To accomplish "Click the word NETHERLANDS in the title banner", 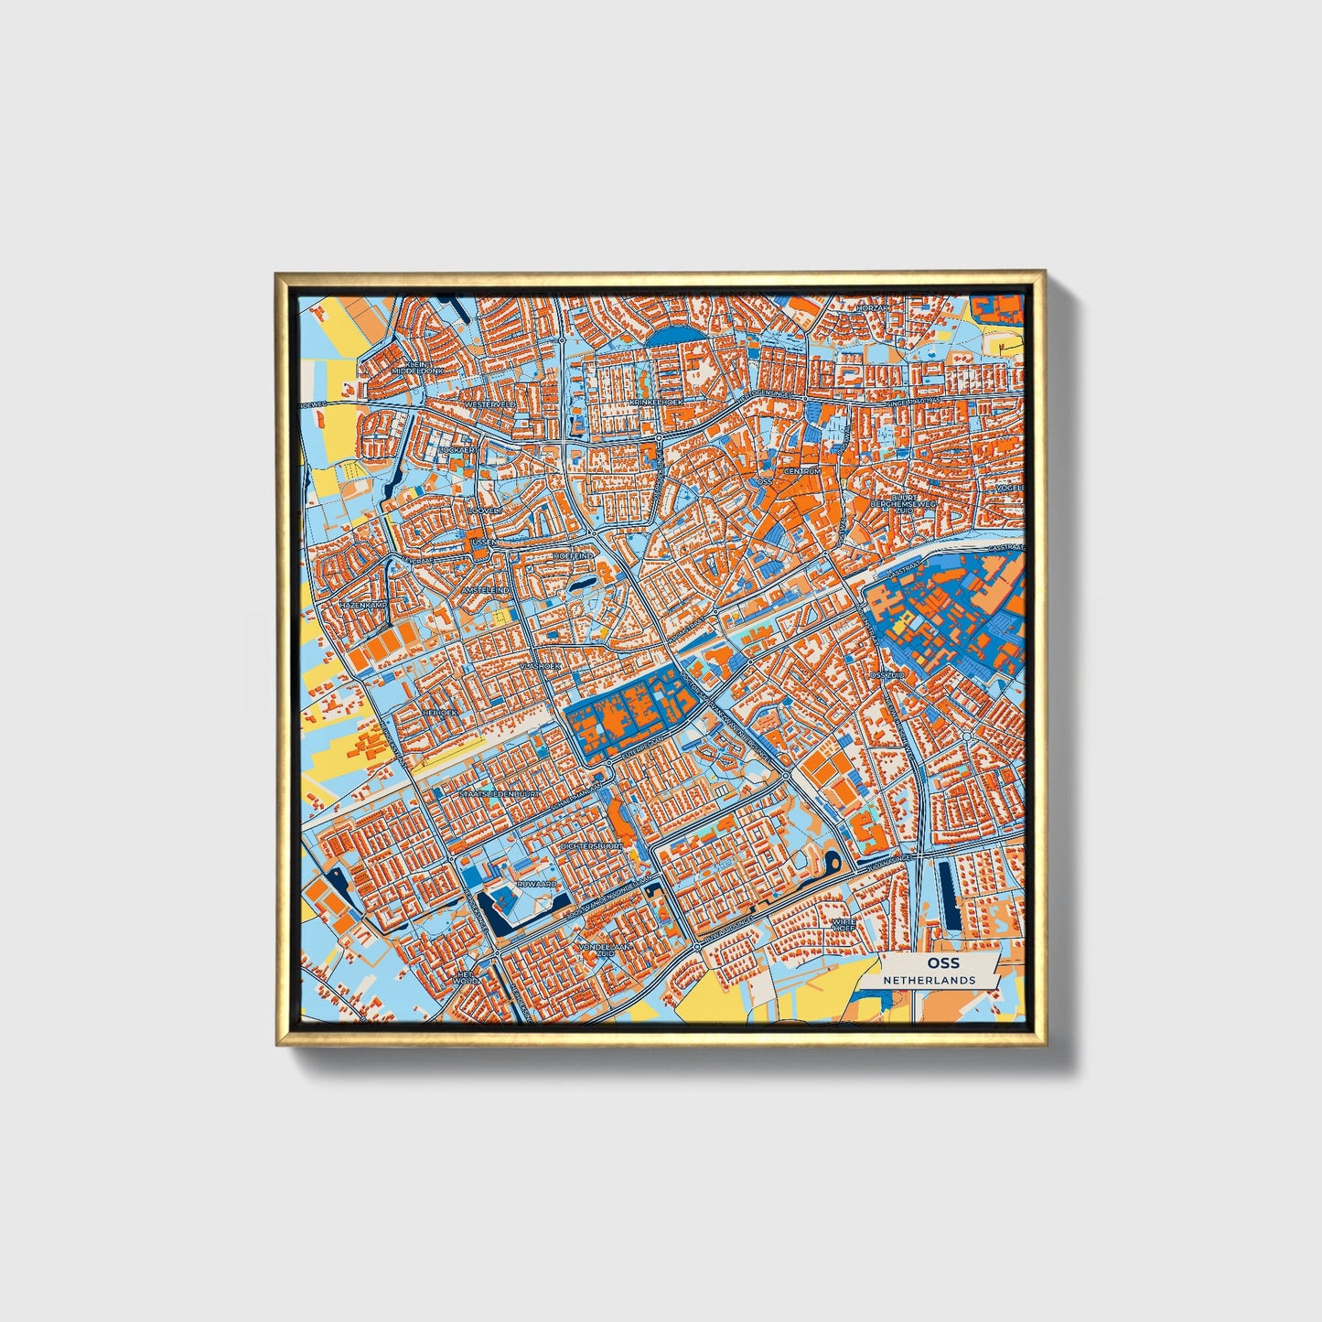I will (x=929, y=980).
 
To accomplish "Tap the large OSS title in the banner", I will (x=942, y=963).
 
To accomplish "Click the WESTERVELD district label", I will (x=490, y=403).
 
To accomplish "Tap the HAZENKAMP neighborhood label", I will (x=364, y=606).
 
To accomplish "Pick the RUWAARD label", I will (x=537, y=885).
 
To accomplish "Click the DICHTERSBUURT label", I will (x=592, y=847).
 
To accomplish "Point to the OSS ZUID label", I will (x=887, y=674).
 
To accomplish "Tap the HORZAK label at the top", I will (x=873, y=308).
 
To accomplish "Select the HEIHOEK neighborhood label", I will (x=438, y=711).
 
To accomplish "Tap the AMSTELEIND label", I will (x=485, y=591).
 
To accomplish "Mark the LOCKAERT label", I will (x=457, y=450).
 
